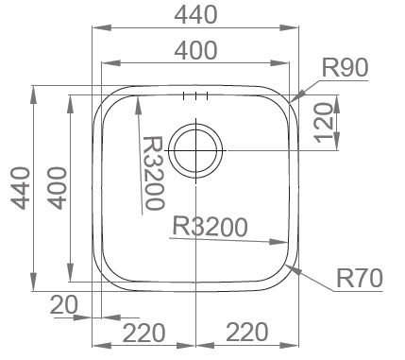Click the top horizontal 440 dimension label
(x=195, y=15)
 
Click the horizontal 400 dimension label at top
(x=195, y=50)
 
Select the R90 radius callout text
(x=345, y=68)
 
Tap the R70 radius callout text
(x=360, y=279)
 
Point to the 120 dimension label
(x=324, y=123)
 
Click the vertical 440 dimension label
(x=21, y=188)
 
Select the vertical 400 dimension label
(x=58, y=188)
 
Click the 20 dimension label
(x=63, y=305)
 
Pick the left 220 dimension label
(x=143, y=333)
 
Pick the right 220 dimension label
(x=247, y=332)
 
